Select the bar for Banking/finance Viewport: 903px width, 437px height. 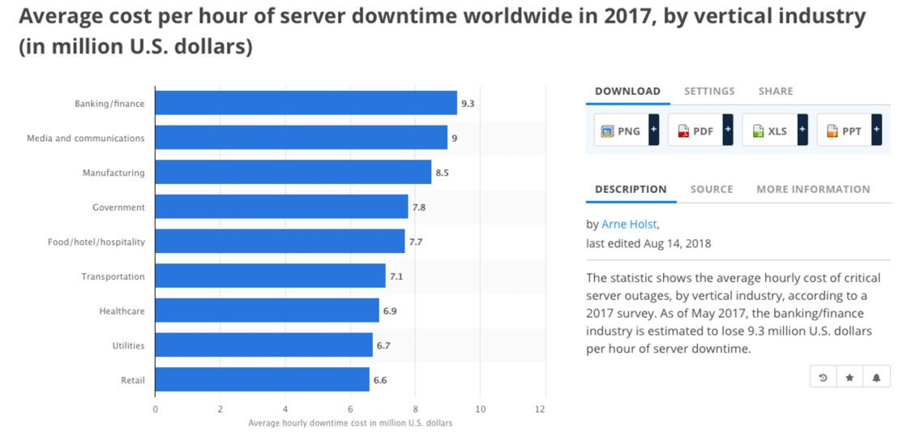[306, 103]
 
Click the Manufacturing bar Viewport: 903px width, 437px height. [293, 172]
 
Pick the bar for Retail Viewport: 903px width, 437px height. [262, 379]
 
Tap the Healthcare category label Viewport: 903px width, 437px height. [122, 311]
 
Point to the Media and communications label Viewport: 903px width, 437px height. [86, 139]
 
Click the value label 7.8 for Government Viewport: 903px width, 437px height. [419, 208]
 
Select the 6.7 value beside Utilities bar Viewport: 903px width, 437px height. [383, 345]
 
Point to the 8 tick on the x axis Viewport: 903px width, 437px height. [415, 409]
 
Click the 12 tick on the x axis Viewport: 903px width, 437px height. [541, 409]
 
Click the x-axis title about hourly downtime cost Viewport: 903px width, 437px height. [350, 423]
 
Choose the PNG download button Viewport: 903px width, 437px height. [621, 131]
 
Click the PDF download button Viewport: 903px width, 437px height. [695, 131]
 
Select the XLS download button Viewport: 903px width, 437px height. [769, 131]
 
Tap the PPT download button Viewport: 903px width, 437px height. [844, 131]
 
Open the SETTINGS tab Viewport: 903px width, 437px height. [709, 91]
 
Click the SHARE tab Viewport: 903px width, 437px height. [776, 91]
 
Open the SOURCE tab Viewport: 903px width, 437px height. [712, 189]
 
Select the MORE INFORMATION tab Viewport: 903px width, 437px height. [813, 189]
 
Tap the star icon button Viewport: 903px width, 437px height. [850, 378]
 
